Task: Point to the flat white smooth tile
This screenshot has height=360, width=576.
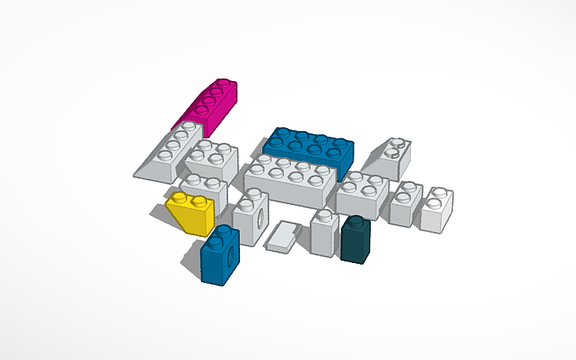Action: (x=281, y=237)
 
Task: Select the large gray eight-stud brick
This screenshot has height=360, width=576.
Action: (x=290, y=182)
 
